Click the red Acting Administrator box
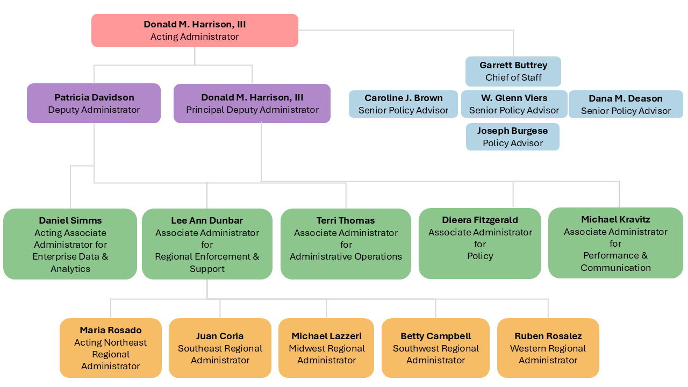click(195, 31)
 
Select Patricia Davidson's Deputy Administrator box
click(94, 103)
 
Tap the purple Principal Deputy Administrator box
click(252, 103)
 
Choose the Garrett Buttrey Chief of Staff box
click(513, 71)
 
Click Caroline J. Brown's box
click(403, 104)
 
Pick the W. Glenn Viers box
click(514, 104)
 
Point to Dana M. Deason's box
click(626, 104)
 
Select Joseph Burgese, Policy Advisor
click(512, 137)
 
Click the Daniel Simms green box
click(70, 244)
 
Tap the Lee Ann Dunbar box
click(207, 244)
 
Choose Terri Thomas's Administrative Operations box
click(346, 244)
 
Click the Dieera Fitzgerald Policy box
click(480, 243)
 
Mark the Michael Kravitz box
click(615, 243)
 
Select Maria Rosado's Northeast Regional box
click(111, 348)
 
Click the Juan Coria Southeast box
click(220, 348)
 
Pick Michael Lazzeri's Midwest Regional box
click(326, 348)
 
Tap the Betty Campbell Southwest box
click(435, 348)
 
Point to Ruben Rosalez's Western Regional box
click(548, 348)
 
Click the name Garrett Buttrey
click(513, 65)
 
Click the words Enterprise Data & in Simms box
click(70, 256)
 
